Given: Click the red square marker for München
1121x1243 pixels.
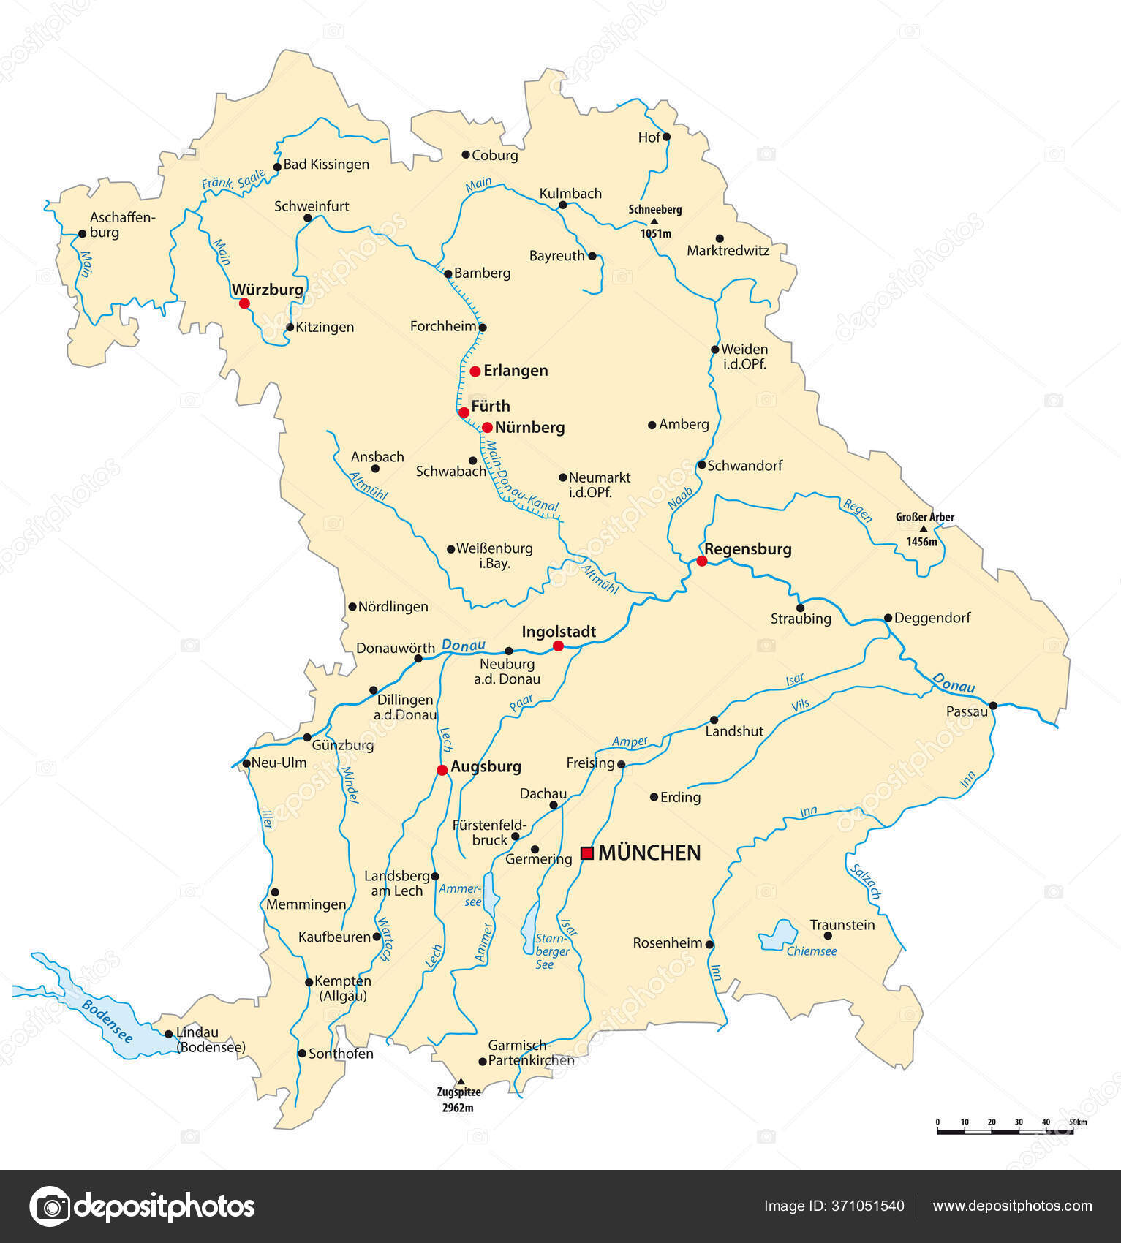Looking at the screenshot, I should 586,853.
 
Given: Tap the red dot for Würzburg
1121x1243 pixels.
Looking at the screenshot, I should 244,303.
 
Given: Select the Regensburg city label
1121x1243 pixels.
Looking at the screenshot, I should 747,548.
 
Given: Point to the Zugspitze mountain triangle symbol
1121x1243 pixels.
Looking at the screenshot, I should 460,1081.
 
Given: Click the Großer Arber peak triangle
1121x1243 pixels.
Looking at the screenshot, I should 923,529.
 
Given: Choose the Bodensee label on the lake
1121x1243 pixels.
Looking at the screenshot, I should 107,1021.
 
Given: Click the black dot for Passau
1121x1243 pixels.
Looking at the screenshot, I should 993,706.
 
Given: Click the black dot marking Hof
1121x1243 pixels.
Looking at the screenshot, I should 666,137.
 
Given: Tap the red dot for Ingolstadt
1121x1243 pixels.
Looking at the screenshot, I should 558,646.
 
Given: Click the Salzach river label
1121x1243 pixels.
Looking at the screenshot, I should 866,881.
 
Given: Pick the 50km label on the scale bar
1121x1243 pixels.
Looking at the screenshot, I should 1078,1122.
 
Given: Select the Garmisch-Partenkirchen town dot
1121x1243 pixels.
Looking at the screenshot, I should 483,1062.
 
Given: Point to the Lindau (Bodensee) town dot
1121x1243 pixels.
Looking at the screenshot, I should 169,1034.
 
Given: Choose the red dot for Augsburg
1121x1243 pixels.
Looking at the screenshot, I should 442,770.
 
